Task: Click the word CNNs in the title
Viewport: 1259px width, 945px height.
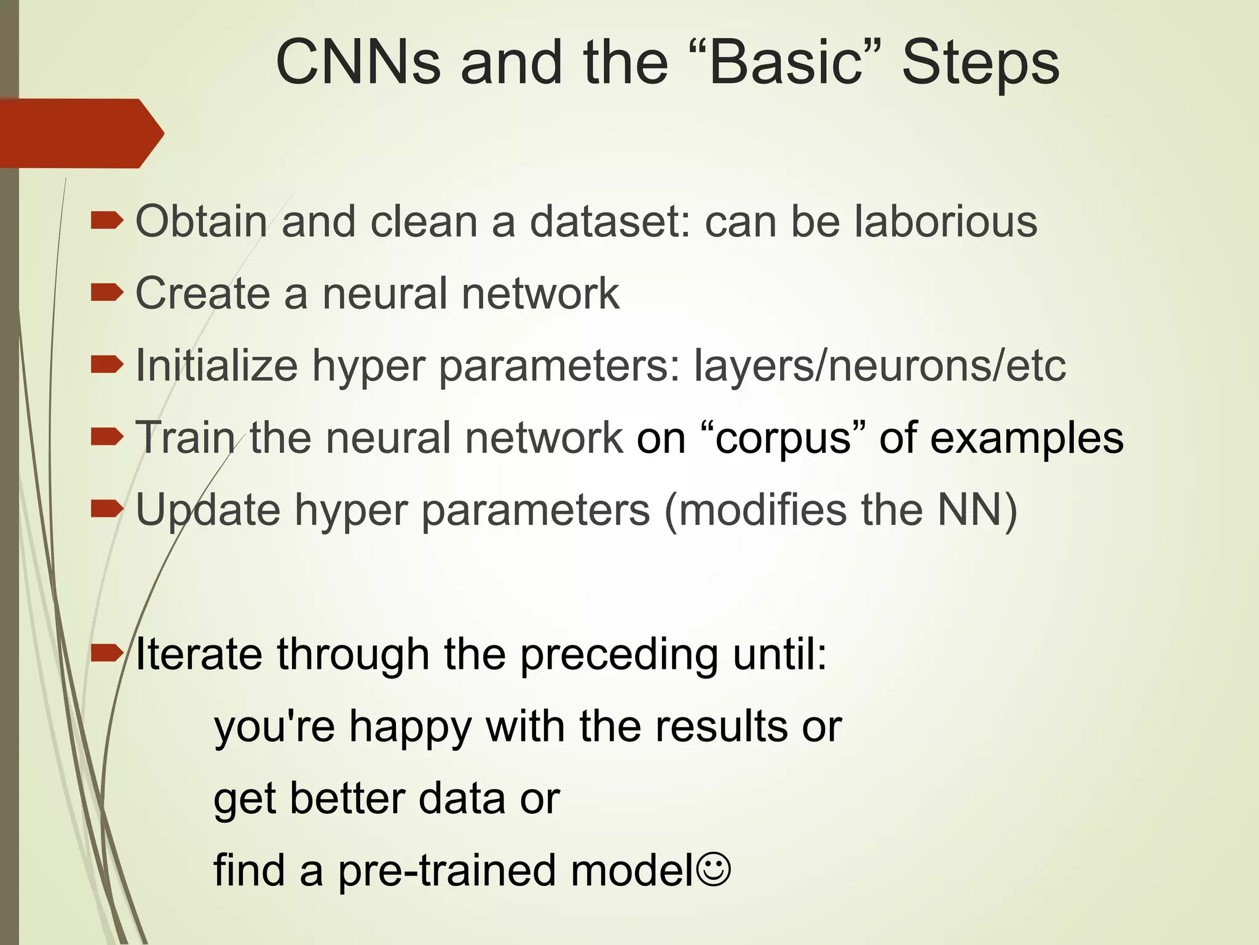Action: pos(358,63)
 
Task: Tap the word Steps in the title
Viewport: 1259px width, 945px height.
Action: pos(981,63)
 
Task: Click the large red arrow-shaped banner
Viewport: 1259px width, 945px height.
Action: pos(80,133)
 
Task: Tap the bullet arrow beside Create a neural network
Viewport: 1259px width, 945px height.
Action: pos(106,293)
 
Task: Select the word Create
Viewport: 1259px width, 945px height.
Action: pos(202,293)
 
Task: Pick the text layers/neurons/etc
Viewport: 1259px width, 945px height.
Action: pos(880,365)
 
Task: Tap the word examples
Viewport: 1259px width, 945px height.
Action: pos(1027,438)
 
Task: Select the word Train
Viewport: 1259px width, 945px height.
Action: pos(185,438)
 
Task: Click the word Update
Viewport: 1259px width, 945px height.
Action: pos(208,511)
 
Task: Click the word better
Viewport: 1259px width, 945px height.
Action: pos(346,799)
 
